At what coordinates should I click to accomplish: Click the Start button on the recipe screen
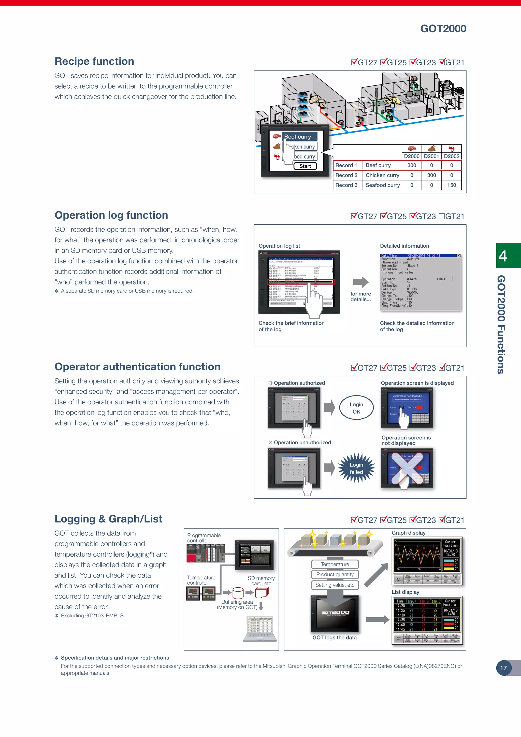click(305, 166)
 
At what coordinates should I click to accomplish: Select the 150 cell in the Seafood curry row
click(451, 185)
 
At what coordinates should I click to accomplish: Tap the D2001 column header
click(431, 156)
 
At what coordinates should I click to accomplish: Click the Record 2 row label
click(346, 175)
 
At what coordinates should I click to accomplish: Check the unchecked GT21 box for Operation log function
click(441, 216)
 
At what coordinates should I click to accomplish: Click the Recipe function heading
click(94, 61)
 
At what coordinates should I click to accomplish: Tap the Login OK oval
click(356, 408)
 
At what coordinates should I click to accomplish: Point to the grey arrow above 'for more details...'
click(361, 282)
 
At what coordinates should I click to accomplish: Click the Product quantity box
click(335, 574)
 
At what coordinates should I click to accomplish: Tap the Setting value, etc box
click(335, 585)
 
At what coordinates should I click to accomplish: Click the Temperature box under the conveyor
click(335, 564)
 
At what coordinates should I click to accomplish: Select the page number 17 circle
click(503, 668)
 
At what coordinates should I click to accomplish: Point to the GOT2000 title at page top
click(443, 29)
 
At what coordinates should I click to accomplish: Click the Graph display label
click(408, 533)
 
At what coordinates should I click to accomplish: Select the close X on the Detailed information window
click(458, 256)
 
